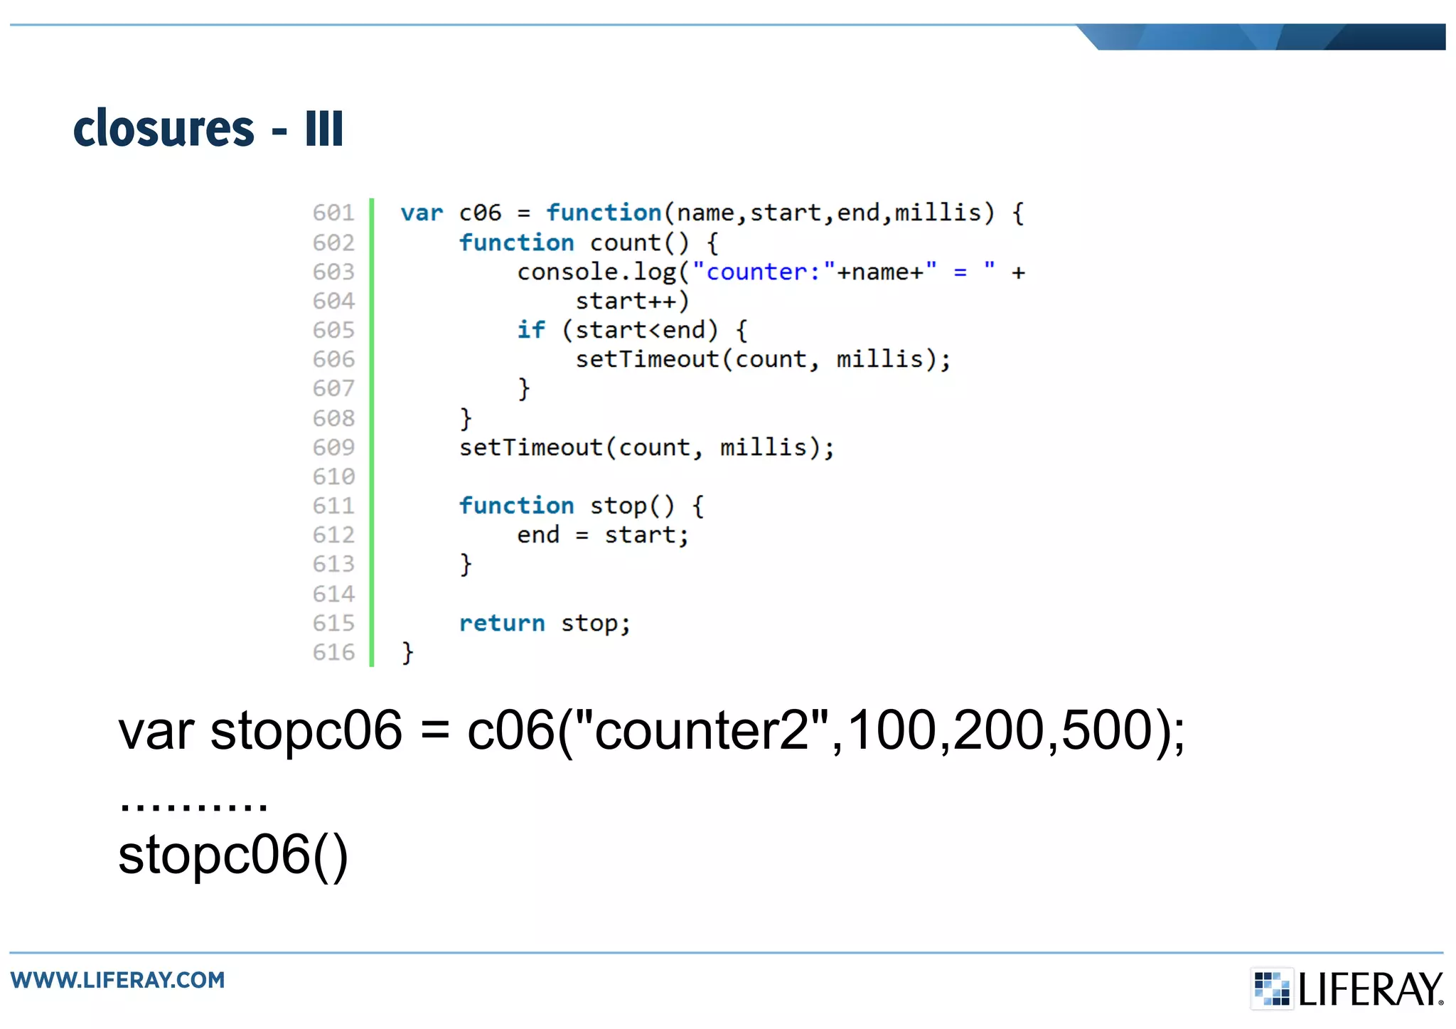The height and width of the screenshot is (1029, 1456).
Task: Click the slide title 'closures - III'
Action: tap(208, 129)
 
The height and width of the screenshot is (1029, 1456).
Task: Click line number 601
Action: tap(333, 213)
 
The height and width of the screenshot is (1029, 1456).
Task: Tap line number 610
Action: tap(333, 476)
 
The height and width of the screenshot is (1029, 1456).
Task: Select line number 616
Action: tap(333, 652)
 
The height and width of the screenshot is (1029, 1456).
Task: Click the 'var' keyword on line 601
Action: tap(422, 213)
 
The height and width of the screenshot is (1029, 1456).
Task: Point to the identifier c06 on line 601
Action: tap(480, 213)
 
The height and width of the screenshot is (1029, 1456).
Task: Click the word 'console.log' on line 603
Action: tap(596, 272)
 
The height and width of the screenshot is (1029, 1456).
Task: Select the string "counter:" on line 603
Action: tap(763, 272)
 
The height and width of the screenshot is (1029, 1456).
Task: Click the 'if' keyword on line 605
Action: tap(531, 330)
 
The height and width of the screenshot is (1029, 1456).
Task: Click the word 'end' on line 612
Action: tap(538, 535)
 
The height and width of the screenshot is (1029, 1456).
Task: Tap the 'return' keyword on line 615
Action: tap(502, 624)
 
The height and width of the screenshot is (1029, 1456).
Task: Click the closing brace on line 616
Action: tap(407, 652)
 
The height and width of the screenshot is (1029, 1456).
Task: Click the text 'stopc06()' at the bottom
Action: tap(233, 855)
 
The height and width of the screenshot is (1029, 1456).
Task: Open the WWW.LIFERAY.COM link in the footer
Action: tap(118, 980)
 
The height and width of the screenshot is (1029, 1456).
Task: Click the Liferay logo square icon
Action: tap(1271, 988)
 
